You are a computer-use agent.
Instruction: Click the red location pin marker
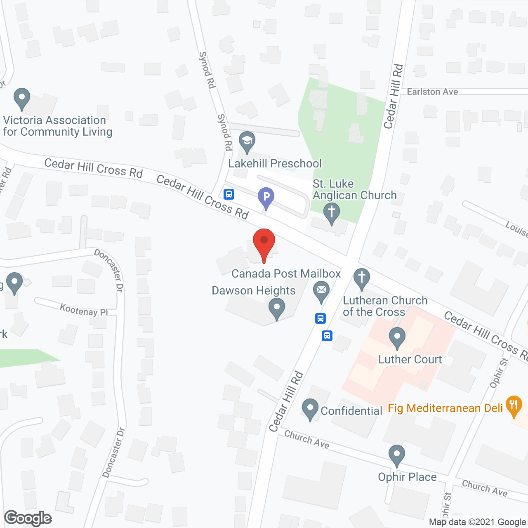point(264,243)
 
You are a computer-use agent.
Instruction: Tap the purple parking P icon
point(266,197)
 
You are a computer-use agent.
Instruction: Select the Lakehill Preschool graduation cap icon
point(247,141)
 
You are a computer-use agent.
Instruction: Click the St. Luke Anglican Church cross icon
point(331,213)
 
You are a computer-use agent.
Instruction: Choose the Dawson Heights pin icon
point(276,308)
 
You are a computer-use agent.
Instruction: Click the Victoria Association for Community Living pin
point(22,99)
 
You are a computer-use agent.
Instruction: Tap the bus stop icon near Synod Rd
point(229,194)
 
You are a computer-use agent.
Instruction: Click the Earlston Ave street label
point(432,92)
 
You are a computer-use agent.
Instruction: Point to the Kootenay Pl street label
point(84,310)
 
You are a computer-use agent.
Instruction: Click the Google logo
point(28,518)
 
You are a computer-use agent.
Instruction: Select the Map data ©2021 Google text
point(478,522)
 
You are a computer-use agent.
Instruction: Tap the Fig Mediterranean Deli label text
point(445,408)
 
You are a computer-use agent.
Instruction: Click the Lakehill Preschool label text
point(275,163)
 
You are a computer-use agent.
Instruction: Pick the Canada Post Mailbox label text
point(286,273)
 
